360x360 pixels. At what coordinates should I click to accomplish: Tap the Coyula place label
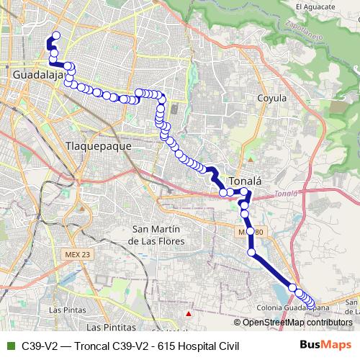click(272, 98)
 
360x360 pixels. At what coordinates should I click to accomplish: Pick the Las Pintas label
click(66, 310)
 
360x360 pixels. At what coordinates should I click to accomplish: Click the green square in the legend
click(9, 346)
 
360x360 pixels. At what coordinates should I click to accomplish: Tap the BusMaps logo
click(326, 346)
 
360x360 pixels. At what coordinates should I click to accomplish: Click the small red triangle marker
click(189, 314)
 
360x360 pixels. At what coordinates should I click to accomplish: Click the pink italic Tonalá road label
click(286, 193)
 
